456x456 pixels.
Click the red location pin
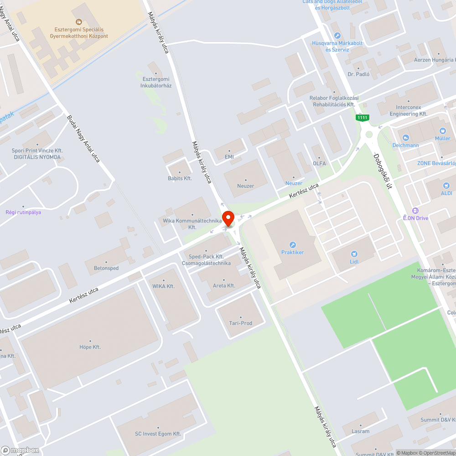pos(228,218)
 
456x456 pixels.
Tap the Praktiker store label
pos(292,252)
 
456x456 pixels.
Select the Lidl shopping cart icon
pos(353,254)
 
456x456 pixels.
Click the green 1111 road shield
pos(363,118)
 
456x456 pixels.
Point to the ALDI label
pos(446,193)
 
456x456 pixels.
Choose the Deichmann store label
pos(405,145)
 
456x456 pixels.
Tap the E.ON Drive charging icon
pos(415,211)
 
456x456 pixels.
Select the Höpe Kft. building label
pos(90,347)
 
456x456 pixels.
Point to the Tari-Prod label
pos(240,323)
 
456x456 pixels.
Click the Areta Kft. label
pos(224,285)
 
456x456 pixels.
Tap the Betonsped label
pos(106,268)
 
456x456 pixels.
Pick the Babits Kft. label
pos(180,178)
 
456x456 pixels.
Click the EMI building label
pos(229,157)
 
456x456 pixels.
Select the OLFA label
pos(319,163)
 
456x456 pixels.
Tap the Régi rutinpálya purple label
pos(23,212)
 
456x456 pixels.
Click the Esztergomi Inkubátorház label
pos(156,82)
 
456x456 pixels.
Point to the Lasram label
pos(361,431)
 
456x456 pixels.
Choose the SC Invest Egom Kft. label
pos(158,434)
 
